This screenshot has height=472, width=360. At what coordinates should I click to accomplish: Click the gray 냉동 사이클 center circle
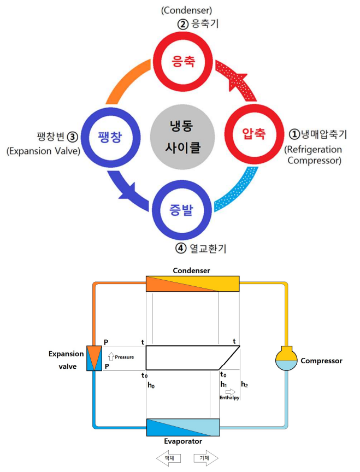(x=182, y=137)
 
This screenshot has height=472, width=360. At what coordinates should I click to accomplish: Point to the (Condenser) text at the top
(x=187, y=10)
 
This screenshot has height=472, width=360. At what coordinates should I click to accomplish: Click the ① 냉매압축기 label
(x=318, y=134)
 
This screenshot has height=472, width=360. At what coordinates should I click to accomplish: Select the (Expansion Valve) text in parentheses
(x=44, y=151)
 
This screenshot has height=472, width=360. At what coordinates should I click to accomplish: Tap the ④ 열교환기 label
(x=201, y=249)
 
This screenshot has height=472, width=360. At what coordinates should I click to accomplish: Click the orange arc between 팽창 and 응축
(x=125, y=80)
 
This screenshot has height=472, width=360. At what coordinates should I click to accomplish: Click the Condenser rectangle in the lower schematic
(x=193, y=284)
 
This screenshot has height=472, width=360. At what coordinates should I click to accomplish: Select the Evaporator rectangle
(x=183, y=427)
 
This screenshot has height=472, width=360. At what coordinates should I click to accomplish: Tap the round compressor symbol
(x=286, y=358)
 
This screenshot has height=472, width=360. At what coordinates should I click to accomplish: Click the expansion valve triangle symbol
(x=94, y=358)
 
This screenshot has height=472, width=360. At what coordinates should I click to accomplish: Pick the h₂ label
(x=244, y=385)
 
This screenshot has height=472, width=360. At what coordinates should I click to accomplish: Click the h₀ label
(x=151, y=385)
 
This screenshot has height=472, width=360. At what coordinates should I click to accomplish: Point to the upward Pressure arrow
(x=111, y=356)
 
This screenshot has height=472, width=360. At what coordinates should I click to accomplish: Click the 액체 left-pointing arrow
(x=169, y=458)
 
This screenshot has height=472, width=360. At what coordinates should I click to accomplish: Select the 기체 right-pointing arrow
(x=206, y=458)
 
